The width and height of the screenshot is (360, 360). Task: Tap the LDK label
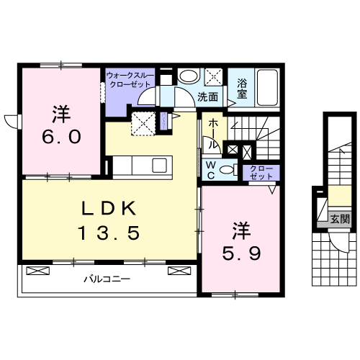[x=109, y=210]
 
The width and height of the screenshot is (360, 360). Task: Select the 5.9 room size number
[x=241, y=253]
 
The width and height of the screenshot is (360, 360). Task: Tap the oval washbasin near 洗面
[x=189, y=77]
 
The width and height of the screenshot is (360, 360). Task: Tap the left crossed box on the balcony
[x=36, y=271]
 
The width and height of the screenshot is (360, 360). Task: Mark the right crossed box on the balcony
[x=177, y=271]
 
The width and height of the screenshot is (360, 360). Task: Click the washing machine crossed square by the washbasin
[x=214, y=76]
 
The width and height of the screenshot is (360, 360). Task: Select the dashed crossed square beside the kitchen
[x=143, y=122]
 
